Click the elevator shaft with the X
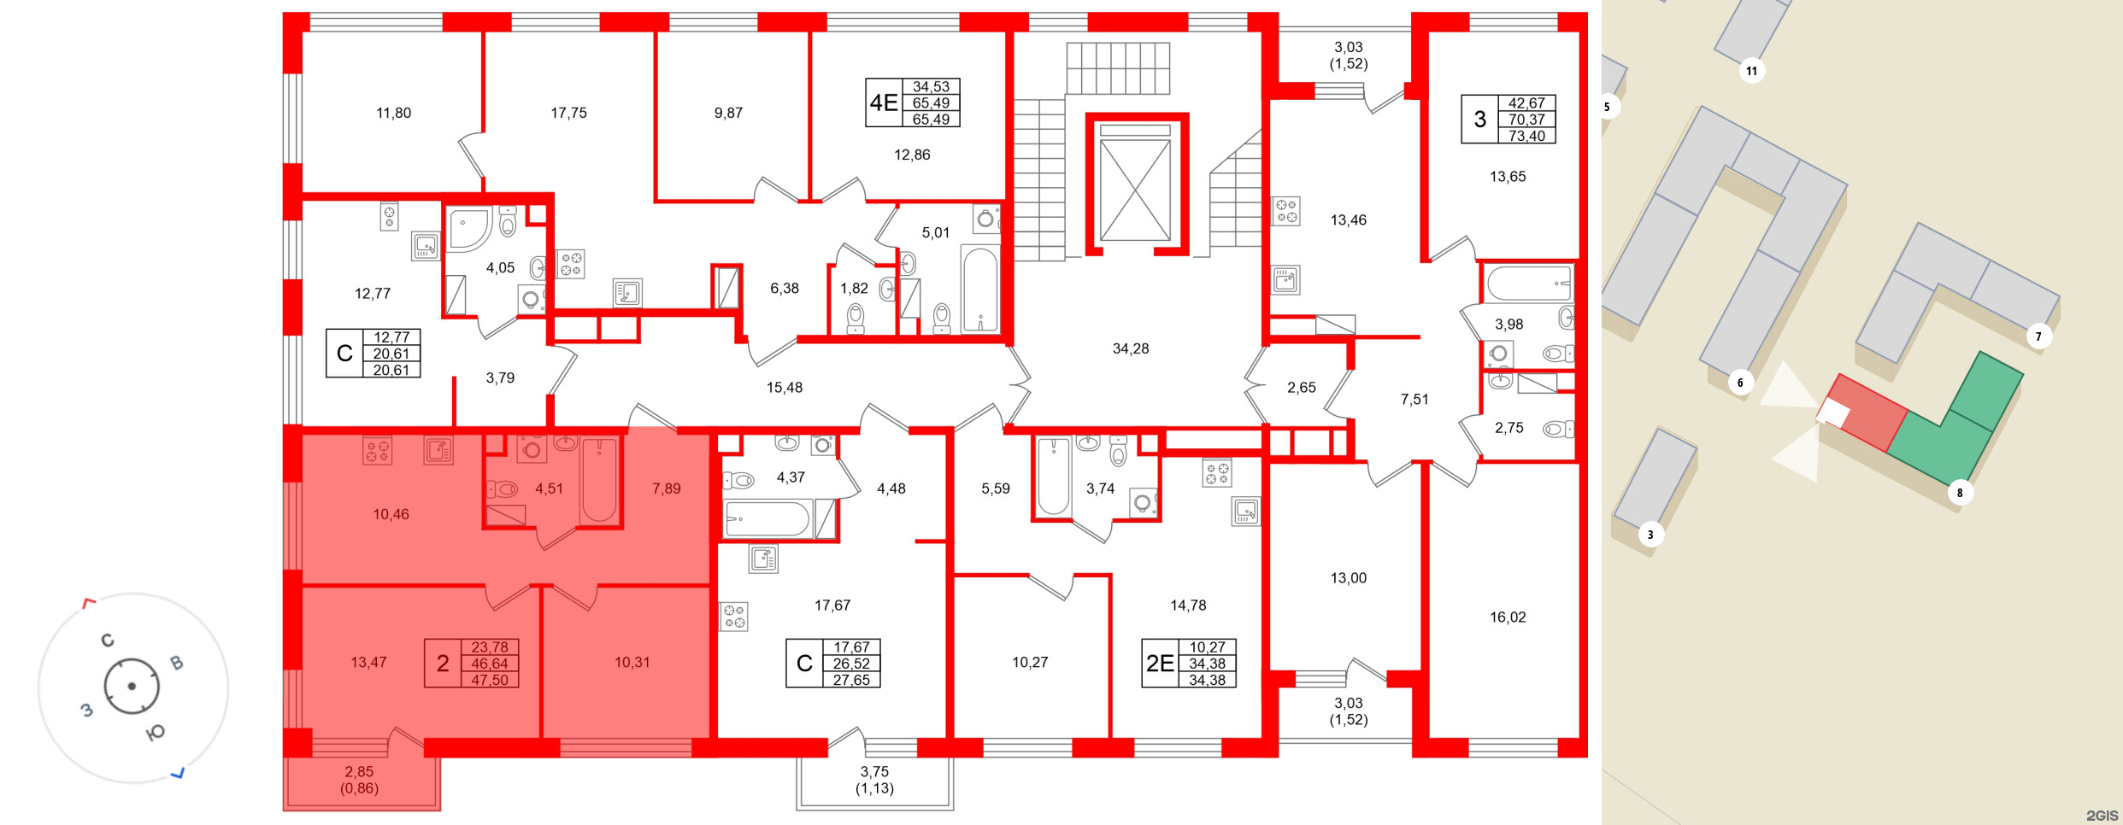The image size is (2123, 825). pyautogui.click(x=1135, y=190)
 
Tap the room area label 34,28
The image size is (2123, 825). pyautogui.click(x=1130, y=348)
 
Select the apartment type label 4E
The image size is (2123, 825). pyautogui.click(x=884, y=103)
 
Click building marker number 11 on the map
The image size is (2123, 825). pyautogui.click(x=1751, y=71)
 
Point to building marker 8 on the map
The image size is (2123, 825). pyautogui.click(x=1960, y=493)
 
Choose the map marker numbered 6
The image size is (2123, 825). pyautogui.click(x=1739, y=383)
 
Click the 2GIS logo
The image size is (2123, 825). pyautogui.click(x=2102, y=815)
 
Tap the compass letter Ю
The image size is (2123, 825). pyautogui.click(x=156, y=733)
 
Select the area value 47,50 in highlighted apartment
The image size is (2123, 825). pyautogui.click(x=490, y=680)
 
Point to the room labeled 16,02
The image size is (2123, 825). pyautogui.click(x=1507, y=617)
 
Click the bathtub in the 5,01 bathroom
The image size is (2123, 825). pyautogui.click(x=979, y=289)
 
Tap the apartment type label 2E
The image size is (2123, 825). pyautogui.click(x=1160, y=664)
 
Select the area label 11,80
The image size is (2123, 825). pyautogui.click(x=393, y=113)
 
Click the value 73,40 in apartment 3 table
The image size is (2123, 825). pyautogui.click(x=1526, y=136)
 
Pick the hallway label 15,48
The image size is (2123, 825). pyautogui.click(x=784, y=388)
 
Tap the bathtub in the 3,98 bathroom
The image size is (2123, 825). pyautogui.click(x=1528, y=284)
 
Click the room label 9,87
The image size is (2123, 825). pyautogui.click(x=728, y=113)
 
